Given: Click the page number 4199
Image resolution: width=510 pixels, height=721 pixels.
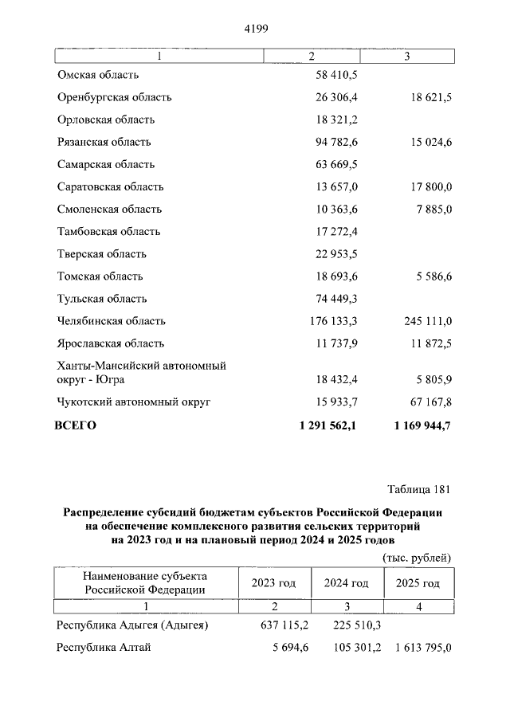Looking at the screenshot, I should (255, 29).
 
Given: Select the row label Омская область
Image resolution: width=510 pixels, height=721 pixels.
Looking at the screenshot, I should (98, 75).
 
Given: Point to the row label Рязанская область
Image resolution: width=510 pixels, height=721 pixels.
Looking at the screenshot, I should (104, 142).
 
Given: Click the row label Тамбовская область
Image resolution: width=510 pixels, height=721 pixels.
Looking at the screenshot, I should (108, 231).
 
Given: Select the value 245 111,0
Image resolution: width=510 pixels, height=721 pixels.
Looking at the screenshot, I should (425, 321).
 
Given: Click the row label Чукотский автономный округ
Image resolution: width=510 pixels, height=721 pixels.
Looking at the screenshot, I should (133, 402).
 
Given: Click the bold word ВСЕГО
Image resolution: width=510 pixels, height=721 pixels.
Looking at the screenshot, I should (76, 425).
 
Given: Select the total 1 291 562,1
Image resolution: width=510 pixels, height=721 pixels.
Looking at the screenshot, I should (328, 425).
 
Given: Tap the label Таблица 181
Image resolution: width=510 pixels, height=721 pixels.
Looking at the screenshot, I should (419, 488).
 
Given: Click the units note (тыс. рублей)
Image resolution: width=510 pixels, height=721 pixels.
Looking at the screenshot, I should (417, 557).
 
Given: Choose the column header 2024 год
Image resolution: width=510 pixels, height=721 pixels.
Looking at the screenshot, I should (346, 583).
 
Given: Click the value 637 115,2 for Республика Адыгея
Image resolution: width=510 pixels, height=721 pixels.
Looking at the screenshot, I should (283, 625).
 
